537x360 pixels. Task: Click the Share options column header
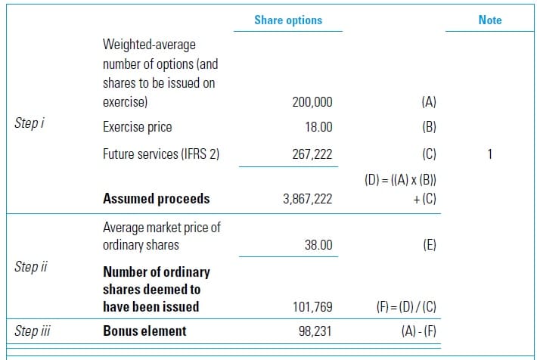click(287, 20)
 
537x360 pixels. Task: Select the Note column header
click(489, 20)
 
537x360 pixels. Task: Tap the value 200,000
click(312, 102)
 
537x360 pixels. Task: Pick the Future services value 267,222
click(312, 154)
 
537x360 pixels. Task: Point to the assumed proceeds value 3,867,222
click(306, 199)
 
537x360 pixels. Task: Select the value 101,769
click(312, 306)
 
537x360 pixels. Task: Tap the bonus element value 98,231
click(315, 331)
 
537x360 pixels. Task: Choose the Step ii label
click(30, 266)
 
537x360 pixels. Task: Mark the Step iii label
click(32, 331)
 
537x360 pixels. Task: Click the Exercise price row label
click(137, 127)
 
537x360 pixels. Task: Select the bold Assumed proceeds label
click(156, 199)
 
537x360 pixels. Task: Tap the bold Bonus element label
click(144, 331)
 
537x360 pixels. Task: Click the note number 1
click(489, 154)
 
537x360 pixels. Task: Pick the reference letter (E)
click(427, 245)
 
